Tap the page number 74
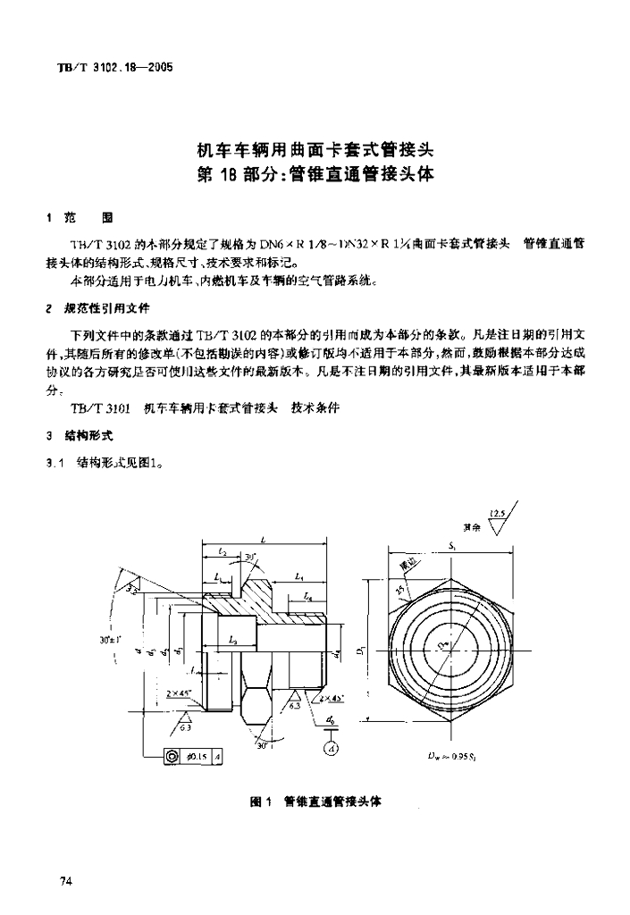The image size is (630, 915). tap(65, 882)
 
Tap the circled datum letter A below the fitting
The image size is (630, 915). tap(330, 748)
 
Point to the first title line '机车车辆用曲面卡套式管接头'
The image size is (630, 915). tap(315, 149)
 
